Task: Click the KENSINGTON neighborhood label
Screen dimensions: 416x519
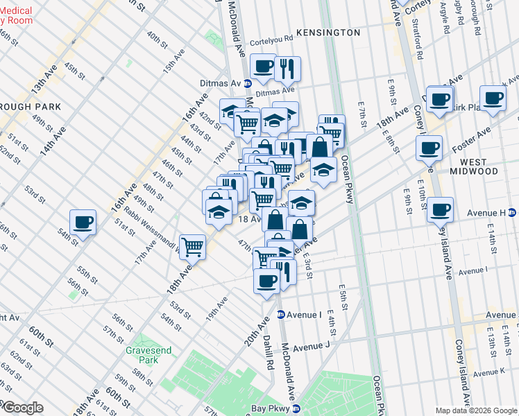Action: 328,33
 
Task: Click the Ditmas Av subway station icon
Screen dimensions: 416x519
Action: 248,83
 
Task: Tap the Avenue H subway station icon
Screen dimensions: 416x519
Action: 512,212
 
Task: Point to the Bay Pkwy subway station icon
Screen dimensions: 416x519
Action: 296,410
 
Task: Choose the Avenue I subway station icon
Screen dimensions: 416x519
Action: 280,314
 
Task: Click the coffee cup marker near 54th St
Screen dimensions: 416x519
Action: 83,223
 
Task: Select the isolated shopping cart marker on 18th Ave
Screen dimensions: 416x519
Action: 192,245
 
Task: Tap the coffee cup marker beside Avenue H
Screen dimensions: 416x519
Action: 440,209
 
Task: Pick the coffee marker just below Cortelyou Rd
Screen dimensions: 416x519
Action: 262,67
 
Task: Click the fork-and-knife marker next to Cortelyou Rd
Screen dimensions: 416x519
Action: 287,68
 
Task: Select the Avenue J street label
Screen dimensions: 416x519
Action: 309,346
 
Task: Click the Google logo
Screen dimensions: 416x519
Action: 22,408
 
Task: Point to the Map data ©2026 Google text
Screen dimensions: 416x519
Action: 476,410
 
